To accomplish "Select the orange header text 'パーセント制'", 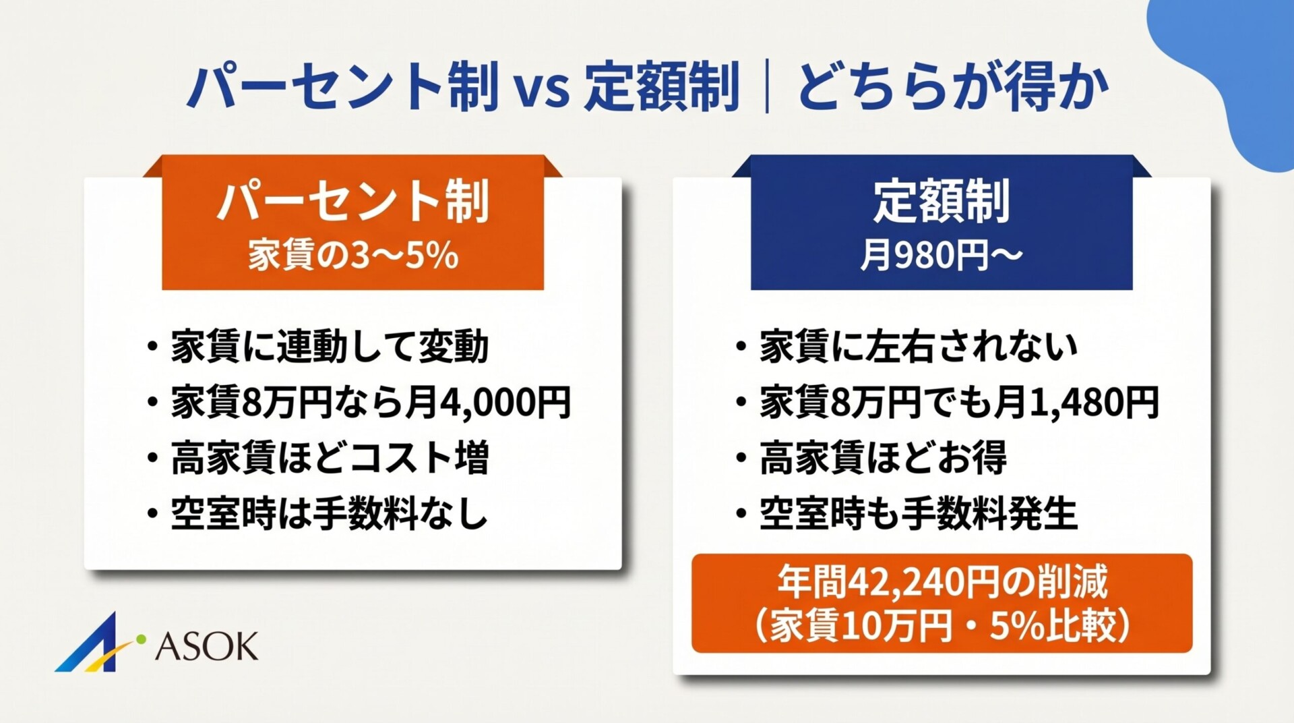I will [x=352, y=201].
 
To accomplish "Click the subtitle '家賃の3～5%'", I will [x=352, y=256].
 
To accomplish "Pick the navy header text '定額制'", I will [x=942, y=201].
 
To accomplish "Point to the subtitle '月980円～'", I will [x=942, y=256].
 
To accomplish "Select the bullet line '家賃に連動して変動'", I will [x=329, y=347].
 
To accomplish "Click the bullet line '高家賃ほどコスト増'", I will [x=329, y=458].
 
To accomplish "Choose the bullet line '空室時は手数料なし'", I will [x=329, y=514].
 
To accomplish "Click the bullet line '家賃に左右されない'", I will [x=918, y=347].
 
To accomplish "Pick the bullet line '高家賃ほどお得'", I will [x=883, y=458].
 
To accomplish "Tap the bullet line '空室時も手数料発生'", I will [x=918, y=514].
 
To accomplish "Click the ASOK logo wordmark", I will [x=206, y=647].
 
